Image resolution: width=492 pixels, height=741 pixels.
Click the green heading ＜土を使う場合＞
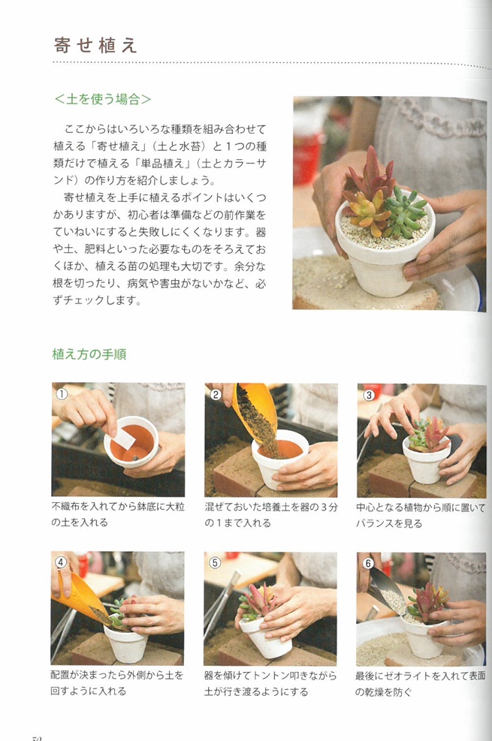click(103, 99)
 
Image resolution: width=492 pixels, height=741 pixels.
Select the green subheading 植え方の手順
click(89, 354)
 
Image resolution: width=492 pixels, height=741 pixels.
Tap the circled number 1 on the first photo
click(62, 393)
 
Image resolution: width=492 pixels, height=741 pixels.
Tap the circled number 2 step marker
click(216, 394)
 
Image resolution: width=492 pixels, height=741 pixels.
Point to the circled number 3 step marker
click(369, 394)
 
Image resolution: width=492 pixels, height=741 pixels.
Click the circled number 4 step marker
click(62, 562)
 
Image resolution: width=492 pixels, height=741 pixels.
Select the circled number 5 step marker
click(215, 562)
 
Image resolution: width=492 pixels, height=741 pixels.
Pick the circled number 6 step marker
click(368, 562)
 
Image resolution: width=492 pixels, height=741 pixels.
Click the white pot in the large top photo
click(379, 259)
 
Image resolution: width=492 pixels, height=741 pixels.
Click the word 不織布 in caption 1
click(68, 508)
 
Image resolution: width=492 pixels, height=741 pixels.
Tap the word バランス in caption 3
click(379, 523)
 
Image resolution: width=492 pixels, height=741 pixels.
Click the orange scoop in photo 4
click(77, 597)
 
